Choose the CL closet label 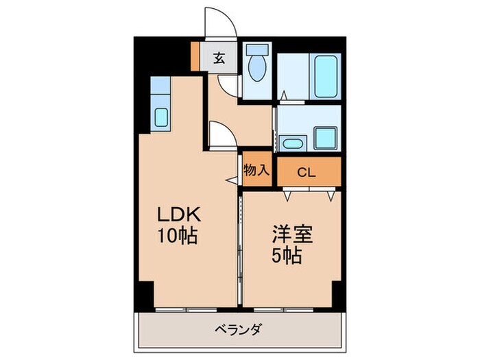[306, 172]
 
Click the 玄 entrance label [218, 58]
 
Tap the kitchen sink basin [160, 117]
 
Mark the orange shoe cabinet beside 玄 [195, 58]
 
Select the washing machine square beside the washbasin [326, 139]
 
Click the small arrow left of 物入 [231, 180]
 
